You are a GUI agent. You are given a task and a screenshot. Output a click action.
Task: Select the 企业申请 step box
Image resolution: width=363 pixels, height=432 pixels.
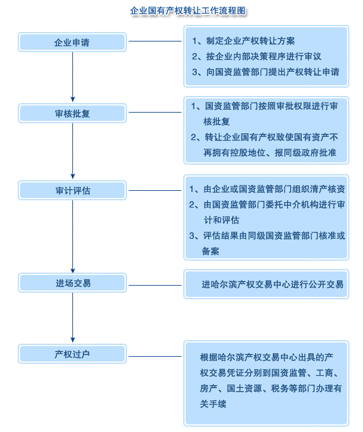point(72,43)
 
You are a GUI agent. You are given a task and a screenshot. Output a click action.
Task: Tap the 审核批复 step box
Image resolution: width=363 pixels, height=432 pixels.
point(72,113)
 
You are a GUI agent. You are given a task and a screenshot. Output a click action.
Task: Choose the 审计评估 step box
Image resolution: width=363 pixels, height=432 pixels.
point(72,191)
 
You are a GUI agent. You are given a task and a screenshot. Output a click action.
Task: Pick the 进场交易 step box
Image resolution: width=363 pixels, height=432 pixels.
point(72,283)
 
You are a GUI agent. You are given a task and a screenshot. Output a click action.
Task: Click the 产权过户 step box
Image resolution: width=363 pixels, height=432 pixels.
point(72,354)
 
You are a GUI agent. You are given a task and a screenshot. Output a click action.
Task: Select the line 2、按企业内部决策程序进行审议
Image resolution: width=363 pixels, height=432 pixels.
point(256,56)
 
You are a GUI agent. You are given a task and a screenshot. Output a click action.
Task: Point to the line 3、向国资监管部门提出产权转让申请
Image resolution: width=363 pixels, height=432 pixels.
point(265,72)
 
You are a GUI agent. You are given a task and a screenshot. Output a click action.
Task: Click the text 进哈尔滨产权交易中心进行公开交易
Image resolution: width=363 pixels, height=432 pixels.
point(272,284)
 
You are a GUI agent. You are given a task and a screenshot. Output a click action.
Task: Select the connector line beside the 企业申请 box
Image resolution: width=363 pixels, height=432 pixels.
point(155,41)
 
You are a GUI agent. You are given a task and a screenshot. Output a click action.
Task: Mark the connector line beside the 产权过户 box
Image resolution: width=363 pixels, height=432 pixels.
point(155,356)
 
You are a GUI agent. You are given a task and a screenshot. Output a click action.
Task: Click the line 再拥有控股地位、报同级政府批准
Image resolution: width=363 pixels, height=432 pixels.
point(270,152)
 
